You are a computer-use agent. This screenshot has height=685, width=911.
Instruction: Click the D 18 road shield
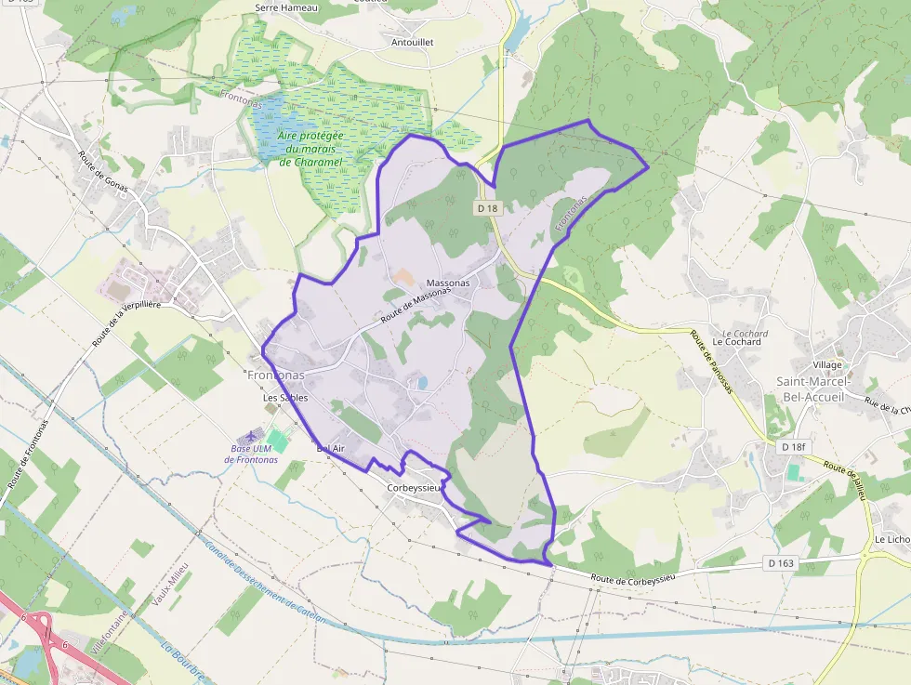click(488, 208)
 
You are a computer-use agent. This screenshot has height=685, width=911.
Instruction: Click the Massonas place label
click(448, 282)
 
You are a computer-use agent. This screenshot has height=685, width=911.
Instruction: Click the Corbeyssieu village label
click(414, 487)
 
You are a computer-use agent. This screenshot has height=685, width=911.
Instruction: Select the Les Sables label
click(285, 398)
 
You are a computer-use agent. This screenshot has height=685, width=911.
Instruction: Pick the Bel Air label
click(331, 448)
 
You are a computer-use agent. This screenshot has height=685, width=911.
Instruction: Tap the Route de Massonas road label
click(416, 305)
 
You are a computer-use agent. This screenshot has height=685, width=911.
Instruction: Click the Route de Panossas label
click(711, 361)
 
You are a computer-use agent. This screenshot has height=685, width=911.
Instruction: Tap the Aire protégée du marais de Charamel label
click(310, 149)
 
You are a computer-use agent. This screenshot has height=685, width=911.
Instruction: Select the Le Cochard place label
click(736, 341)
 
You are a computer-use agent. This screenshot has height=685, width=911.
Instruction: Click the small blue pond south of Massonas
click(422, 382)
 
